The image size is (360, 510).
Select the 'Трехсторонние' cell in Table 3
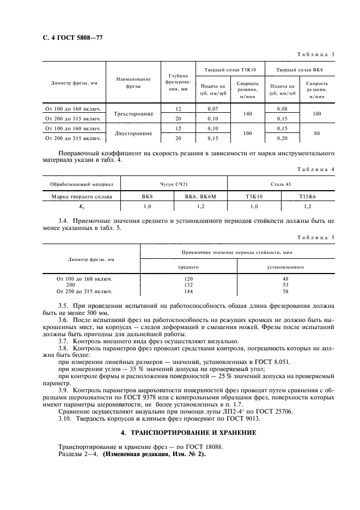pyautogui.click(x=133, y=114)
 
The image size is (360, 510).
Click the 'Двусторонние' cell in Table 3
pyautogui.click(x=133, y=133)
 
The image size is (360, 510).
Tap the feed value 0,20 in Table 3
pyautogui.click(x=282, y=138)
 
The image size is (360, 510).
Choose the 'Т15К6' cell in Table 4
pyautogui.click(x=307, y=196)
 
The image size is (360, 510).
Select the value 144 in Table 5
pyautogui.click(x=189, y=291)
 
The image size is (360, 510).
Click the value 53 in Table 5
pyautogui.click(x=285, y=284)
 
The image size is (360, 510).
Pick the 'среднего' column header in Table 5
pyautogui.click(x=189, y=267)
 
